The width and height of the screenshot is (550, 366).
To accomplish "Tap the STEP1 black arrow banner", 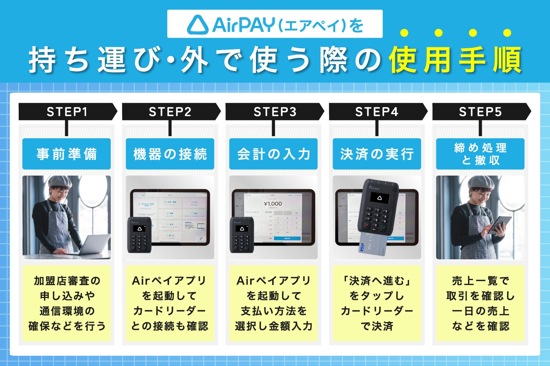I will coord(67,112).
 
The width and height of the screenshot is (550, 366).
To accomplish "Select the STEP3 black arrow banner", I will coord(274,112).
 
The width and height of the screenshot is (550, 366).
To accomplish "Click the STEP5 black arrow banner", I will coord(480,112).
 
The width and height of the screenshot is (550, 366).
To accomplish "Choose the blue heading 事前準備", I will coord(66,154).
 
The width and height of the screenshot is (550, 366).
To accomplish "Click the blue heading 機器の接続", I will coord(170,154).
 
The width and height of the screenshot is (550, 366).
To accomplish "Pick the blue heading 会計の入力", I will coord(274,154).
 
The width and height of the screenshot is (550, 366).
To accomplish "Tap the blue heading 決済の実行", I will coord(377,154).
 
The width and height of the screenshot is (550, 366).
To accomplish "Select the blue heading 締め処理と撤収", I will coord(480,154).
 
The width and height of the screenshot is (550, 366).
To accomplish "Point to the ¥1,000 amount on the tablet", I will coord(273,204).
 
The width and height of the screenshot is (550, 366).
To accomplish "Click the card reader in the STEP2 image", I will coord(139,235).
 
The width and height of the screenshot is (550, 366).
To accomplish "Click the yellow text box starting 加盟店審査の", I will coord(66,303).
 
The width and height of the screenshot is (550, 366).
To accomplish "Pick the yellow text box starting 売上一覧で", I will coord(480,303).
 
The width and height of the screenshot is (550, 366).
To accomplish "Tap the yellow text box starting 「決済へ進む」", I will coord(377,303).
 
